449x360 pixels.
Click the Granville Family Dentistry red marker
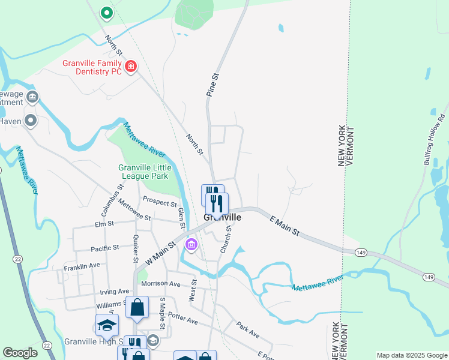point(130,66)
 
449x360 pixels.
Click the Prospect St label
point(159,201)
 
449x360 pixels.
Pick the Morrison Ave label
point(160,283)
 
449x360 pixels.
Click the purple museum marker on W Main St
point(191,244)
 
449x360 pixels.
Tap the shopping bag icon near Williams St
point(137,308)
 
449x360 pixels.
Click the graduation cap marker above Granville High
point(107,326)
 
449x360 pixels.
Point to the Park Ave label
point(247,330)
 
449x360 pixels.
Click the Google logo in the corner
point(20,353)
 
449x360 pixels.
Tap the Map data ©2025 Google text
point(411,355)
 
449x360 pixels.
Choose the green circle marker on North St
point(106,12)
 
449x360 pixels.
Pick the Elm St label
point(104,226)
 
